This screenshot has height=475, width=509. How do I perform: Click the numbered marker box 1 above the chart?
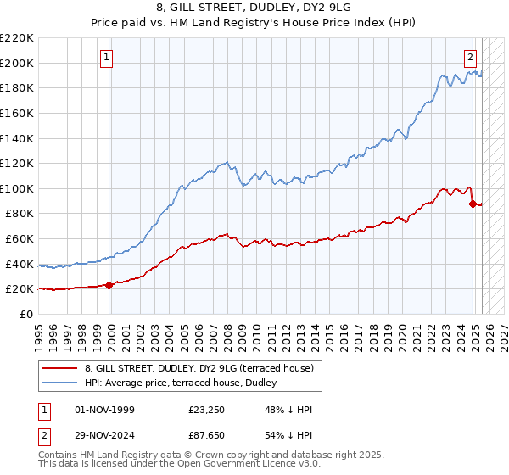point(106,58)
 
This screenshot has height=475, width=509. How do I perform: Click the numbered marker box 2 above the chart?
point(469,58)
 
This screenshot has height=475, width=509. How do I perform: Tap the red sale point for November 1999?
point(109,285)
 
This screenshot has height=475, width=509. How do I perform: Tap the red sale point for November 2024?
point(473,204)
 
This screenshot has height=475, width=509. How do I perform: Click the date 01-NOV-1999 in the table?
point(104,410)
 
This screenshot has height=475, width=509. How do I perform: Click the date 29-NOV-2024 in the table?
point(104,437)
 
